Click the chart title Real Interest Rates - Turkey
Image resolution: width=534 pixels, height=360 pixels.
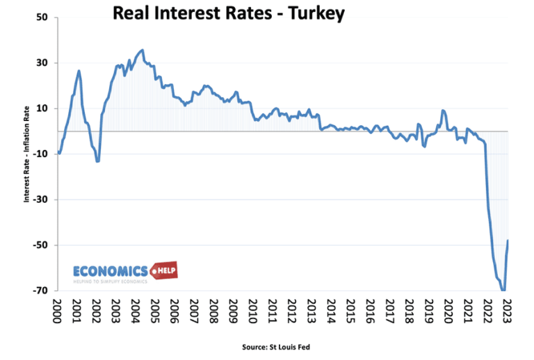(x=228, y=13)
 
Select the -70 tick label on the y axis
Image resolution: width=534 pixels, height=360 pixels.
(x=40, y=291)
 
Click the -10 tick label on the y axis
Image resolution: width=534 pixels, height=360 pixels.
(x=40, y=154)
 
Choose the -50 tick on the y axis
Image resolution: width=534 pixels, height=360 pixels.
(x=40, y=245)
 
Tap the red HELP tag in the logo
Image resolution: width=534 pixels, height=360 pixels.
(x=163, y=270)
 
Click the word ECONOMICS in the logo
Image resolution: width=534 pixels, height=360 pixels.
(x=111, y=271)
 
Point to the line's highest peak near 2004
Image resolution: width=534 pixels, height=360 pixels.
(x=143, y=50)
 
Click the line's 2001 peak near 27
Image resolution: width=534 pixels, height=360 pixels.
(x=79, y=71)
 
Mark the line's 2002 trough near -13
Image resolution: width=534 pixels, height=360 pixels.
(x=98, y=161)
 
